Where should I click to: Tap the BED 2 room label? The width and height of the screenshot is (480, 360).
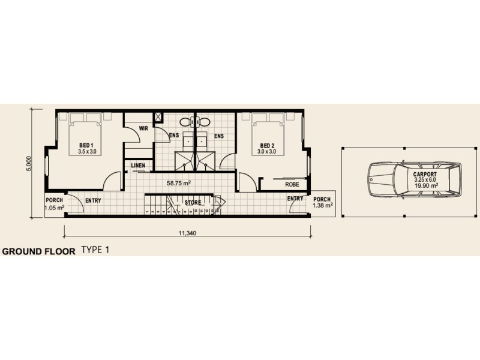(x=268, y=146)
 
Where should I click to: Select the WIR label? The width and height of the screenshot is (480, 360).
(x=143, y=128)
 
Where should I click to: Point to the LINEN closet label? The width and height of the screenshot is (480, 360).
(x=137, y=166)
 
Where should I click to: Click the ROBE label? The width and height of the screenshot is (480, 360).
(x=292, y=184)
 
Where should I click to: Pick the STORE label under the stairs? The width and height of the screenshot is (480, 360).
(x=193, y=203)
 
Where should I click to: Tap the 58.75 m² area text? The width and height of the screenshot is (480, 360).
(x=178, y=182)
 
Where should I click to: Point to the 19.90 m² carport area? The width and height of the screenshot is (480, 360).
(x=425, y=187)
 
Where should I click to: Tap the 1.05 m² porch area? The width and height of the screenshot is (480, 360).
(x=54, y=208)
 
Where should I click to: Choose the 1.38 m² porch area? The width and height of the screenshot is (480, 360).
(x=322, y=206)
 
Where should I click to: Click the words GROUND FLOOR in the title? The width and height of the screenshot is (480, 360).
(x=39, y=252)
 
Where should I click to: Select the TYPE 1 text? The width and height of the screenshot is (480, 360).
(x=96, y=250)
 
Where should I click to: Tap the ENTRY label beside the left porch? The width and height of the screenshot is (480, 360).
(x=93, y=200)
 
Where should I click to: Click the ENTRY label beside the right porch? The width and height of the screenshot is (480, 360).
(x=295, y=199)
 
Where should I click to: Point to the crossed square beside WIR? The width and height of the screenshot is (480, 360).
(x=159, y=117)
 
